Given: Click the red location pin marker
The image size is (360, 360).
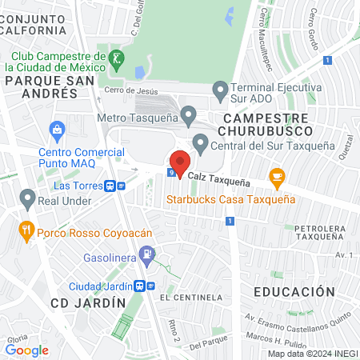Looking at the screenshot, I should (179, 162).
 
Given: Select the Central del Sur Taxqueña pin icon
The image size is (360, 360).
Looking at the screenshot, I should (200, 145).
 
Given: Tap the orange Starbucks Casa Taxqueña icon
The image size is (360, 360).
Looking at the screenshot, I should (277, 178).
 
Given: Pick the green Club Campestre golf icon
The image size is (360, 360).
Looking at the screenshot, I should (118, 58).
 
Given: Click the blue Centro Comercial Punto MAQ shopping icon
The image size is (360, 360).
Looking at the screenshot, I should (57, 130).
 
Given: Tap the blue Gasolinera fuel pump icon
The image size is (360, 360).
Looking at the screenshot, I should (146, 257).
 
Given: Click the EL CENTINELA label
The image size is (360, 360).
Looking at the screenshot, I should (190, 298).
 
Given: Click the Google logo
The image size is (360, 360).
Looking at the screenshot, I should (26, 350).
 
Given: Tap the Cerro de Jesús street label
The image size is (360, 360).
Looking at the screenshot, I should (126, 91).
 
